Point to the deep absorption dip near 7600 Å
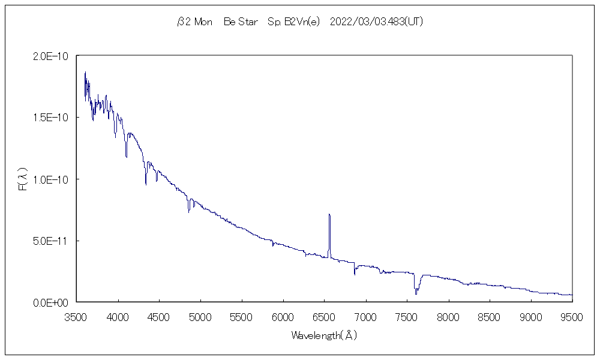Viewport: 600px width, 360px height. pos(416,292)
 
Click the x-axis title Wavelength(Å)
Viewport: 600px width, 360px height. pos(325,335)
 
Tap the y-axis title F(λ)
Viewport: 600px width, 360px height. pos(23,179)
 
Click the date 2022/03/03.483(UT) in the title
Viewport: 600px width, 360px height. pos(377,22)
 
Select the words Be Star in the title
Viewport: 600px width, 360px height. pos(240,22)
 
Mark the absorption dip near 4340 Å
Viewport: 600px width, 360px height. pos(146,183)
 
